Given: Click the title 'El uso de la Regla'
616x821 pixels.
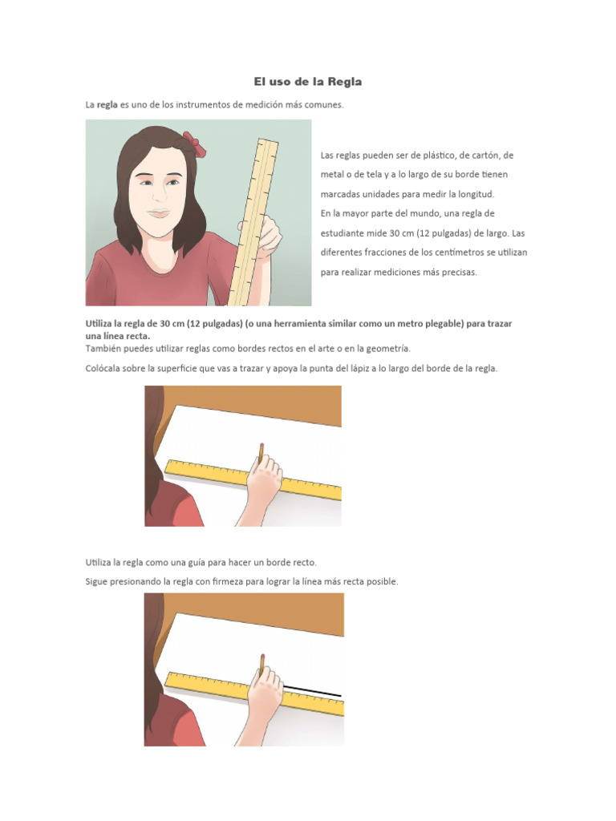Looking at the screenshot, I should pos(308,82).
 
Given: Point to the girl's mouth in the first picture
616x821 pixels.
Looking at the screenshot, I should pos(159,212).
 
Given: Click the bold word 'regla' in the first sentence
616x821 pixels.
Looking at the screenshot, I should pos(107,105).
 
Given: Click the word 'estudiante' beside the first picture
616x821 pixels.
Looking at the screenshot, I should pos(346,233).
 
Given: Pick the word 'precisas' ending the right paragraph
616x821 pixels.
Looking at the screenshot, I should pos(458,273).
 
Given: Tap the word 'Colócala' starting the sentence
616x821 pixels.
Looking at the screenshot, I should pos(104,369).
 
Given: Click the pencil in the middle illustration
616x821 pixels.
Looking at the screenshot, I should pos(261,451).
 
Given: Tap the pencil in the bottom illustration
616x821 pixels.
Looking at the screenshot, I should pos(261,662).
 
